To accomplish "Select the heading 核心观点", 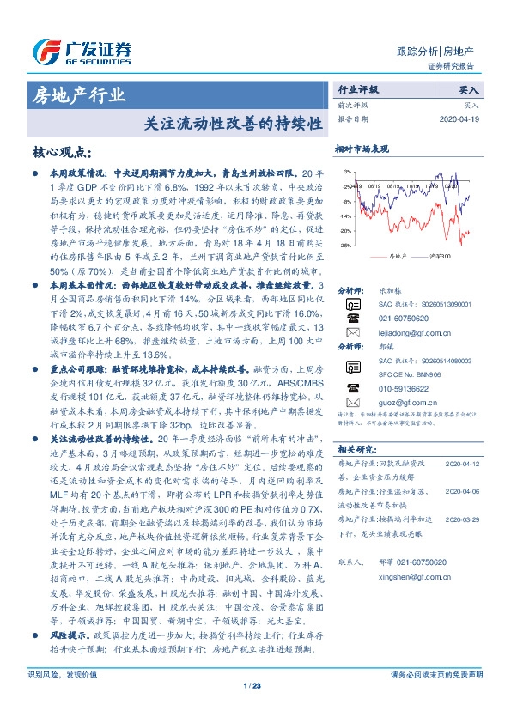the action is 61,153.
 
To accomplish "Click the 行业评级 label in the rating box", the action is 357,88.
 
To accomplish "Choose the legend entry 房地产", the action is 396,256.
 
